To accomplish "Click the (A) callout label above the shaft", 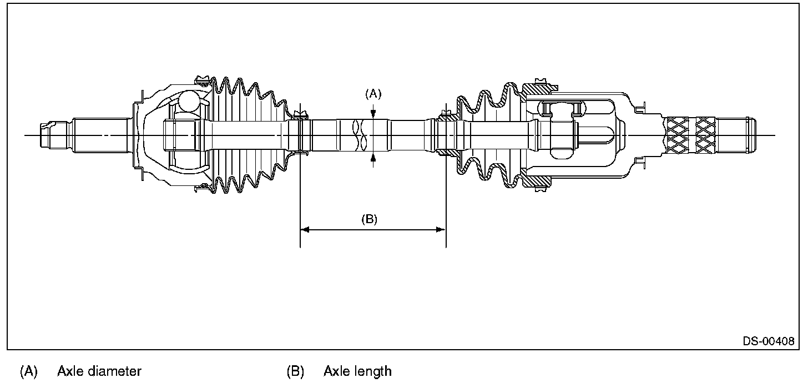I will [373, 94].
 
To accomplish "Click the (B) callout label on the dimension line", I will [369, 219].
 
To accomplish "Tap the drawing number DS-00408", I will [768, 341].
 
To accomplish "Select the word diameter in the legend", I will [115, 371].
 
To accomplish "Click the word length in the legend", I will [373, 371].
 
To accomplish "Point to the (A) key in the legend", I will [28, 371].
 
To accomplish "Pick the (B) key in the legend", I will [295, 371].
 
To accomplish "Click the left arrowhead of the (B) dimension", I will [304, 229].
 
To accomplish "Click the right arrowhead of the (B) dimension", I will [442, 229].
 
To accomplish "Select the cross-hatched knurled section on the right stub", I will [690, 135].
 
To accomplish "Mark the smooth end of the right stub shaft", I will [735, 135].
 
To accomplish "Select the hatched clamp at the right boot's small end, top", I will [446, 116].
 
